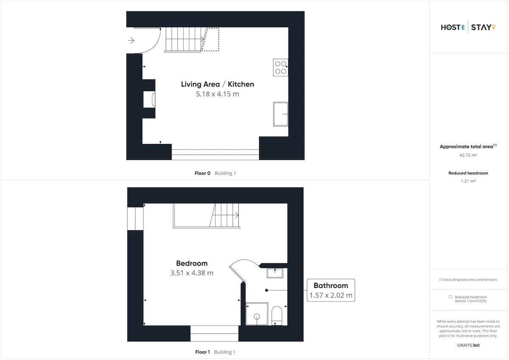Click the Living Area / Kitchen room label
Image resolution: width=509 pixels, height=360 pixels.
[x=218, y=84]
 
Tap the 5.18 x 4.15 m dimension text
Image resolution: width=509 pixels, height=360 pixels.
[x=218, y=94]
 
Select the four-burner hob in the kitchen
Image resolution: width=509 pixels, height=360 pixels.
[x=281, y=67]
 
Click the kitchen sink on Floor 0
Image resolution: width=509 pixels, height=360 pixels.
[x=281, y=114]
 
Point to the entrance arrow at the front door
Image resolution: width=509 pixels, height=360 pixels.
[x=131, y=40]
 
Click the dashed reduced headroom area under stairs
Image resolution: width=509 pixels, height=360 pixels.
[x=211, y=39]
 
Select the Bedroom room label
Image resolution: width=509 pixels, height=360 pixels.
[x=192, y=263]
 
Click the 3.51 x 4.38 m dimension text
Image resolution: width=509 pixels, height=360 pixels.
[x=192, y=273]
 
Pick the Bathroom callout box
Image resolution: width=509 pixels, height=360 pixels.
[x=331, y=290]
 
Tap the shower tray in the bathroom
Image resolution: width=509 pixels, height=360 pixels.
[x=257, y=314]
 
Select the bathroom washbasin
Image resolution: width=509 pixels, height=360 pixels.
[x=275, y=273]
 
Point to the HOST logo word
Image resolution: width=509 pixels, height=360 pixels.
[x=450, y=28]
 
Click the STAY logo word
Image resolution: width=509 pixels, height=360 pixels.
[x=481, y=28]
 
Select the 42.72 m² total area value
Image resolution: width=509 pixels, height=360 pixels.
[x=468, y=155]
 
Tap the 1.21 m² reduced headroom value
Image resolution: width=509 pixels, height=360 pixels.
[x=468, y=181]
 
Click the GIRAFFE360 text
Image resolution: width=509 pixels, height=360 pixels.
[x=468, y=346]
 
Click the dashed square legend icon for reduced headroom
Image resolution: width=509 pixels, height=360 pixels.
[x=450, y=297]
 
